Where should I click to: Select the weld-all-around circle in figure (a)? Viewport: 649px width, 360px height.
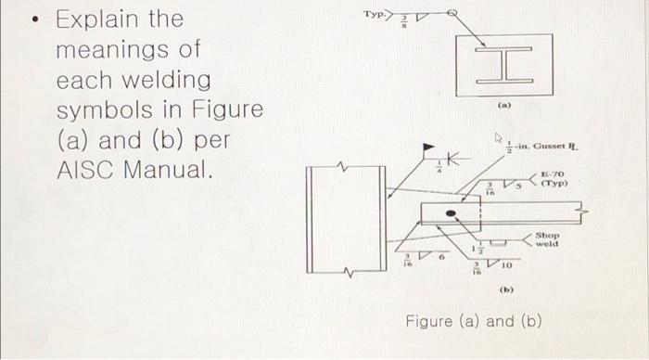(x=452, y=15)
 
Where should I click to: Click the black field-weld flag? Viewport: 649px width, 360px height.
(x=427, y=148)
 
